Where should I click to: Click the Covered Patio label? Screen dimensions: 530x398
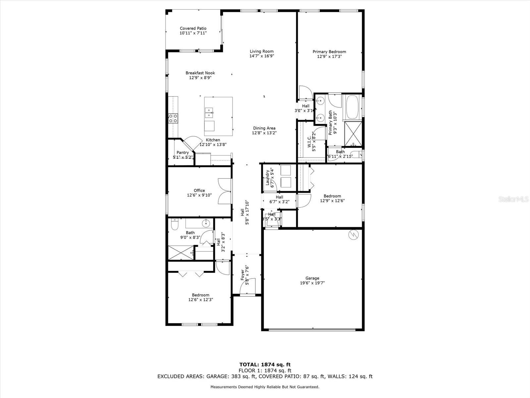[193, 29]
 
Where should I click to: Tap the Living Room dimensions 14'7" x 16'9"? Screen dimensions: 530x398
[262, 56]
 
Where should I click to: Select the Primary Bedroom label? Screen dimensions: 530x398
[329, 52]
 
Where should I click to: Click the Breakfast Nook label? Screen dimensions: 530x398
[200, 73]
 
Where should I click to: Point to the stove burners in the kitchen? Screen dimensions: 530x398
[173, 118]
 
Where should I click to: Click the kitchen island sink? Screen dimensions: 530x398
[209, 113]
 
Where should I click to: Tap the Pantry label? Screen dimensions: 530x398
[183, 153]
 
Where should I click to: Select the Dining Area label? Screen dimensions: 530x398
[264, 128]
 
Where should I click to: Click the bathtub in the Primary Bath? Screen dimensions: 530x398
[352, 107]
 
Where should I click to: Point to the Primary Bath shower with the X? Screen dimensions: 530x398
[353, 134]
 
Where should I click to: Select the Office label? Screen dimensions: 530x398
[199, 190]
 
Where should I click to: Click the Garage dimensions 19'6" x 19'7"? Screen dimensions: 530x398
[312, 283]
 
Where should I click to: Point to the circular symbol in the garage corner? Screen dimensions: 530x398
[353, 234]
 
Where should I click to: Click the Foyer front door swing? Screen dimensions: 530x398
[248, 287]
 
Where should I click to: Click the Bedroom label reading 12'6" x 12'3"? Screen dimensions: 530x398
[200, 295]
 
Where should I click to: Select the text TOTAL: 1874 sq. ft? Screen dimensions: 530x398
[265, 365]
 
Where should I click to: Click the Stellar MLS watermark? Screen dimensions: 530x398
[513, 199]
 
